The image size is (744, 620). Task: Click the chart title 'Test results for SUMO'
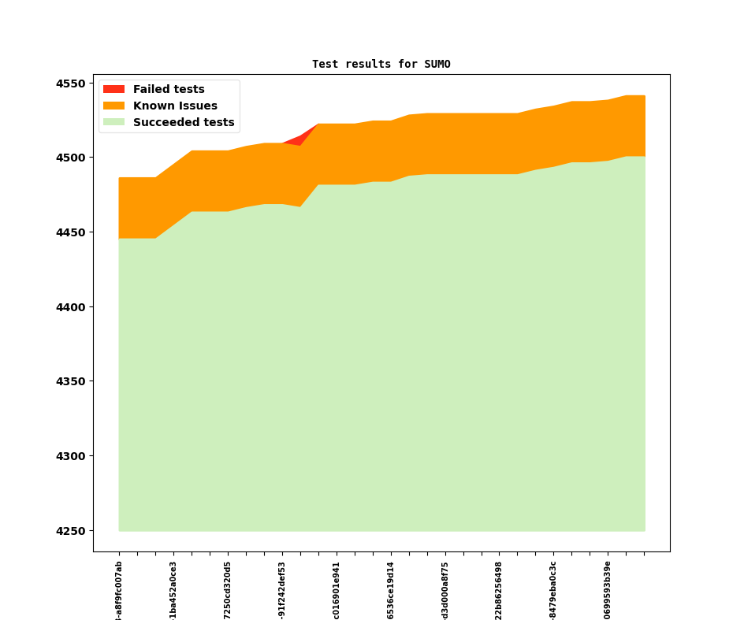(381, 64)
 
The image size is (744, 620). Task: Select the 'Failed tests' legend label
(169, 90)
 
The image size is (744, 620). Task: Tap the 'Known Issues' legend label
(175, 106)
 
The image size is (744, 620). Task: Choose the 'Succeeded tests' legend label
(184, 123)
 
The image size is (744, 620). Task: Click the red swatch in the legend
(113, 90)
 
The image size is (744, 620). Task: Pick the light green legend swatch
(113, 123)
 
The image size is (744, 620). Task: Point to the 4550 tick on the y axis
(73, 84)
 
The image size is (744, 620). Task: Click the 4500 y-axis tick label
(73, 158)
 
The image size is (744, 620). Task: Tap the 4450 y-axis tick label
(73, 232)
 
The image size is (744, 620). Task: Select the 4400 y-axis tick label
(73, 307)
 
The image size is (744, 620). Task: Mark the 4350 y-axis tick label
(73, 381)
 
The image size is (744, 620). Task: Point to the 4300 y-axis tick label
(73, 456)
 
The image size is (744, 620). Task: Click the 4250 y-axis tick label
(73, 531)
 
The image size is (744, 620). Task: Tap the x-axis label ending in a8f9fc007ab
(119, 590)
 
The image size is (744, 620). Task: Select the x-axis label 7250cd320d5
(228, 590)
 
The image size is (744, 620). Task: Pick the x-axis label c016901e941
(337, 590)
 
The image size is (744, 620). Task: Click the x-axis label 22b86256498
(499, 590)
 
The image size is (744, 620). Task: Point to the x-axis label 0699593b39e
(608, 590)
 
